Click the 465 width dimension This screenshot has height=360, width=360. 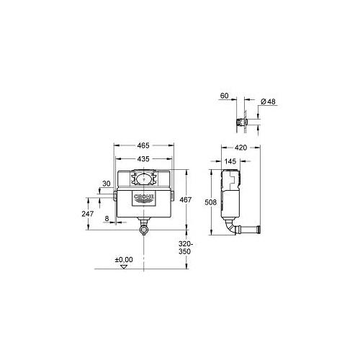click(143, 145)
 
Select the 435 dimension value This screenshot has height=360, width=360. click(143, 159)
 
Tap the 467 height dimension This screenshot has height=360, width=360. click(186, 199)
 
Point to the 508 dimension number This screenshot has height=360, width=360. click(210, 202)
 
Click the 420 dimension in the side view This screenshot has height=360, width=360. click(240, 148)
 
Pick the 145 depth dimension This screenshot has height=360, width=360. click(230, 161)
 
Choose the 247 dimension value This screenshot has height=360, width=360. click(88, 214)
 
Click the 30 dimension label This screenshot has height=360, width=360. click(107, 184)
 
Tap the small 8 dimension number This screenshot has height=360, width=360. click(107, 219)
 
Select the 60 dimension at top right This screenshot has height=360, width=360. click(224, 96)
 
